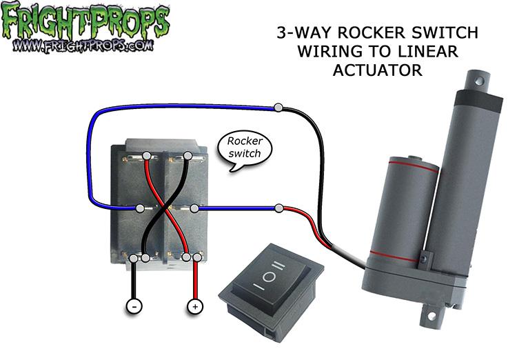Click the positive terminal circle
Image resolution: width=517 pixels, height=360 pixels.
point(195,305)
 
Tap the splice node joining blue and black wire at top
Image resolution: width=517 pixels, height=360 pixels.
point(278,108)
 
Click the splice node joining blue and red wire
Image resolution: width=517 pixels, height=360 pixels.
point(279,208)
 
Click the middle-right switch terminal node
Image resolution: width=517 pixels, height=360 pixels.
point(195,208)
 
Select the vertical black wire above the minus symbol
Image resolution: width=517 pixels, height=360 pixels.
point(132,279)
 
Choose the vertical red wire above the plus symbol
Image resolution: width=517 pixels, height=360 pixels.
point(195,279)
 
